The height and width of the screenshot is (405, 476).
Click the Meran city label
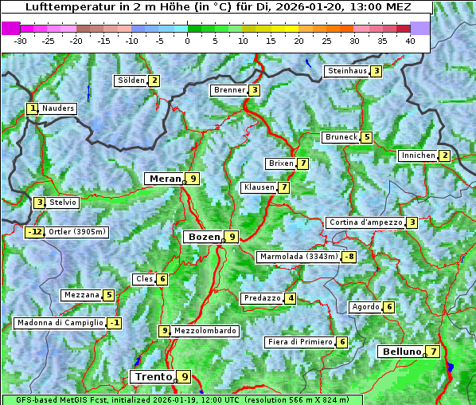[x=165, y=179]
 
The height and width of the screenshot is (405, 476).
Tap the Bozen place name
[x=202, y=237]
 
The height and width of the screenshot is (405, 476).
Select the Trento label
[x=154, y=376]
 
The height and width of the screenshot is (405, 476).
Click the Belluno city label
[x=400, y=352]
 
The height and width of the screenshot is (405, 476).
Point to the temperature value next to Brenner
[x=254, y=90]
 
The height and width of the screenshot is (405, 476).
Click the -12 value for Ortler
[x=34, y=232]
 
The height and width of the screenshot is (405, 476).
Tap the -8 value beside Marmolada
[x=349, y=257]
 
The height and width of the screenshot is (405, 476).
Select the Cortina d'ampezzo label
[x=365, y=222]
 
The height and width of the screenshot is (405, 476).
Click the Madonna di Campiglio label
[x=60, y=323]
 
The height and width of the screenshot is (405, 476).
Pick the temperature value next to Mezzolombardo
[x=165, y=331]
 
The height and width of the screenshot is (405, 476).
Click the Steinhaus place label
[x=347, y=71]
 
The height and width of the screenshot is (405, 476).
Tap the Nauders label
[x=58, y=108]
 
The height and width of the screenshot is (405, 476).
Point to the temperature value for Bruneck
[x=366, y=137]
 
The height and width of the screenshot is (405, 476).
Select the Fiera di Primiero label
[x=299, y=342]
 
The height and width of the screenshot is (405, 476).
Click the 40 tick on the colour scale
[x=410, y=40]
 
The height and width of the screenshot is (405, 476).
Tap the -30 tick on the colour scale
[x=21, y=40]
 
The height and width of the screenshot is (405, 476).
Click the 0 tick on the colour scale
[x=187, y=40]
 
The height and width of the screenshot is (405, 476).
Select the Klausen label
[x=259, y=187]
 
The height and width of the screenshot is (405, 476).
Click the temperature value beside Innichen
[x=445, y=155]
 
